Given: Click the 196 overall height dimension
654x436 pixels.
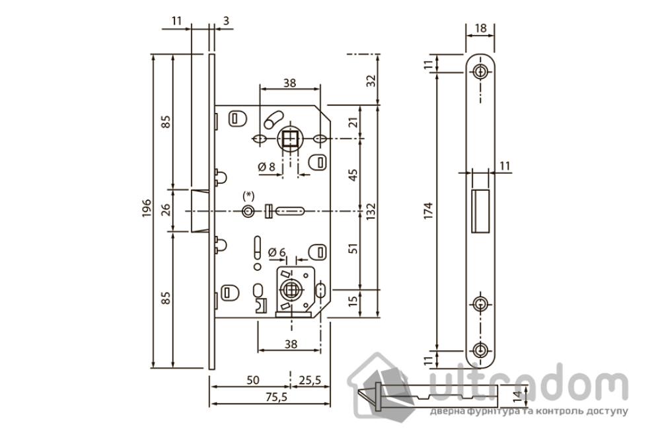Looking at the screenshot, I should point(147,210).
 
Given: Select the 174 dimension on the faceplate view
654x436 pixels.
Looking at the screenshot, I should point(429,210).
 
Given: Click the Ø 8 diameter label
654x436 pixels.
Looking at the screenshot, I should point(267,166).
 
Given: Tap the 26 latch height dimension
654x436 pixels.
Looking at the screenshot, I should point(166,210).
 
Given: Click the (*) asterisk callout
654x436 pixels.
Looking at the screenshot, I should point(248,195).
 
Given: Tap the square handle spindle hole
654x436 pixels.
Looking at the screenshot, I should point(289,139).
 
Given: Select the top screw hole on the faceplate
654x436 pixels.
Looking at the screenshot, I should point(480,71).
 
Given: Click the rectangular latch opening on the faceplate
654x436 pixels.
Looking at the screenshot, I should point(480,209).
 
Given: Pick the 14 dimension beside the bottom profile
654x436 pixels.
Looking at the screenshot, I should point(517,396).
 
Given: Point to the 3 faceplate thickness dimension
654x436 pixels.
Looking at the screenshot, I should point(226,22).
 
